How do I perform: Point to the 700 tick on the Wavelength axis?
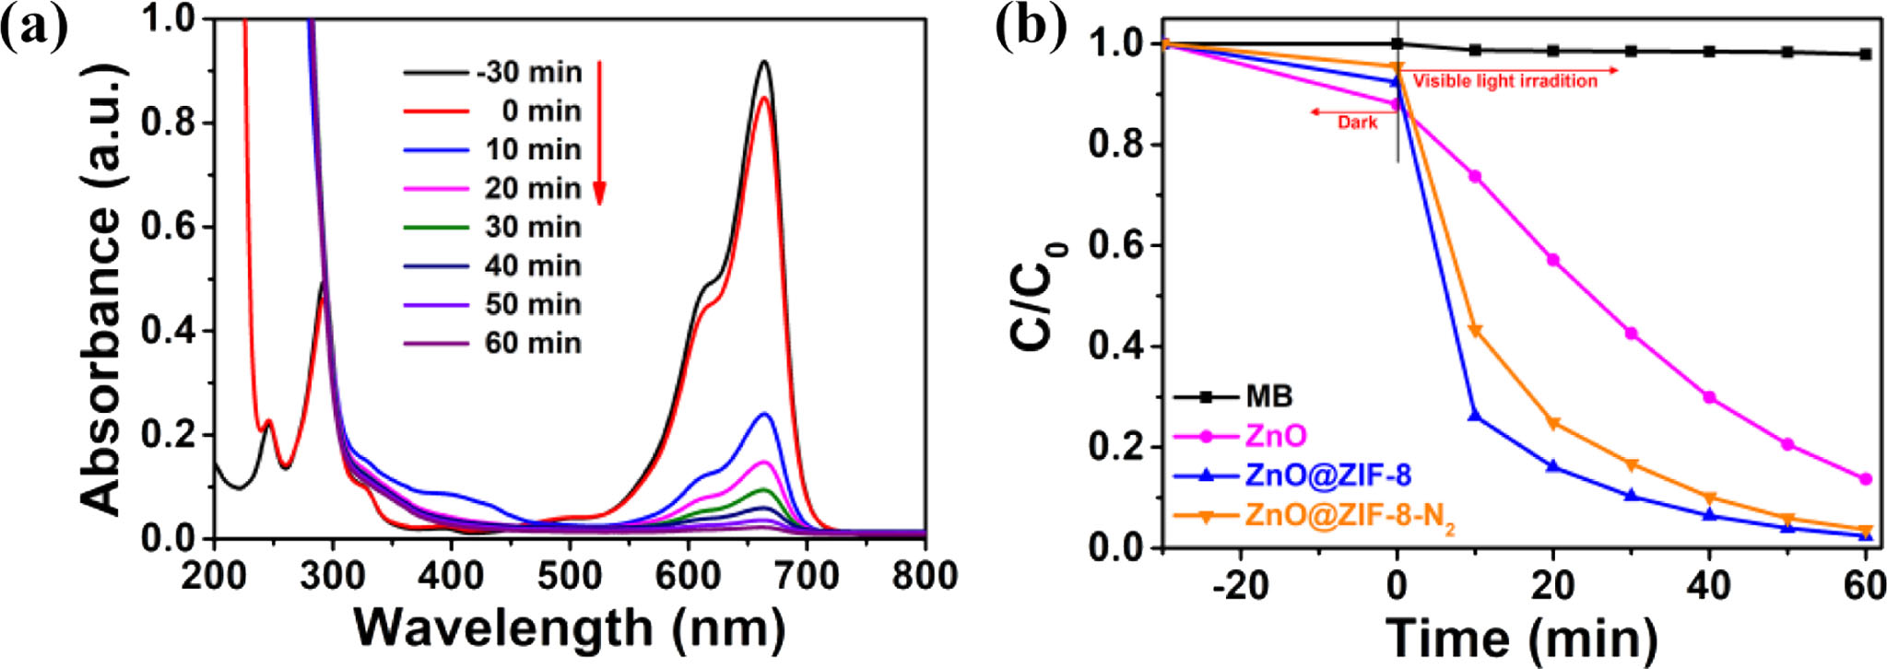coord(807,577)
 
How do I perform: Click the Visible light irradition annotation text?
coord(1504,81)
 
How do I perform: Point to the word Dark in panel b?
coord(1357,123)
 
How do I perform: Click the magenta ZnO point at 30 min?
coord(1632,334)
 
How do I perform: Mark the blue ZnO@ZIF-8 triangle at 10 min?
coord(1475,416)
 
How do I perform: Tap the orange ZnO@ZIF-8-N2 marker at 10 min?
coord(1475,331)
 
